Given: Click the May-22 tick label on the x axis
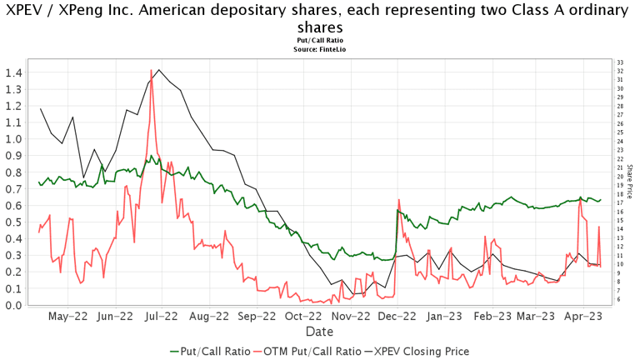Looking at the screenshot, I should click(68, 316).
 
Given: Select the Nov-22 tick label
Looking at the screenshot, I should click(351, 316).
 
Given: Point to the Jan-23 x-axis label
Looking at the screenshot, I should click(447, 316).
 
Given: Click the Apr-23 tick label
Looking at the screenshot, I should click(583, 316).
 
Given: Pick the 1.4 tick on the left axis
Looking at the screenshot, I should click(12, 72).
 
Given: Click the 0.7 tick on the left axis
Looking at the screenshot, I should click(12, 189).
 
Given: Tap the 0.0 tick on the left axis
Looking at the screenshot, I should click(12, 305).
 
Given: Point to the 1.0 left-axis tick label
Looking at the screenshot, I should click(12, 139).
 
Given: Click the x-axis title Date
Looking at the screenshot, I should click(319, 331).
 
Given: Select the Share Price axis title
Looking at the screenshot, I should click(630, 181).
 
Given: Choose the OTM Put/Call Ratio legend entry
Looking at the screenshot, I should click(311, 351).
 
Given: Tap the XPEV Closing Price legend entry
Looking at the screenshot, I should click(419, 351).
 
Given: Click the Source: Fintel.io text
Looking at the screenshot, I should click(319, 49).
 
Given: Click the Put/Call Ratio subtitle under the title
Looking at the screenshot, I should click(319, 41).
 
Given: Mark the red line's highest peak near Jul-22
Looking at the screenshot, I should click(151, 70).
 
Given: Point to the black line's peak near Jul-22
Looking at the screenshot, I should click(158, 70).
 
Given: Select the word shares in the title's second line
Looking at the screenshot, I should click(319, 27).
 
